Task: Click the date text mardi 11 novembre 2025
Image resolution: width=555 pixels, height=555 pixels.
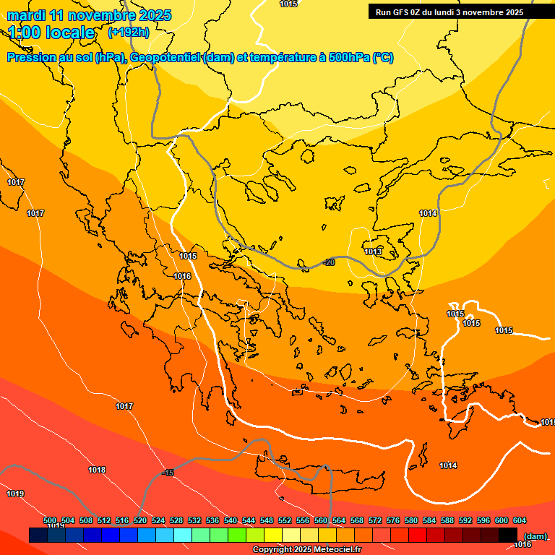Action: [x=89, y=15]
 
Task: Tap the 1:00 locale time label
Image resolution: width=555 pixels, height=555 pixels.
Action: [x=51, y=33]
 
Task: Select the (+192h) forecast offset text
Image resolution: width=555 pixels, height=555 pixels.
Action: [x=129, y=33]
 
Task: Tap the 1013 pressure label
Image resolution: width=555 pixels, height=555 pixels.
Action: [x=373, y=251]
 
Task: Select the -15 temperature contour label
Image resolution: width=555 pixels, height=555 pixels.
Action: [x=168, y=473]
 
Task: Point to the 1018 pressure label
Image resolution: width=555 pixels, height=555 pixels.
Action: [x=97, y=470]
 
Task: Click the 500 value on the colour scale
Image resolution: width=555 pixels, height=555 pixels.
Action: [x=50, y=520]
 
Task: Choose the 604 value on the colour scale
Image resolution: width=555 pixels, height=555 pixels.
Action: [x=519, y=520]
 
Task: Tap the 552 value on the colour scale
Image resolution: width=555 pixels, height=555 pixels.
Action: [x=285, y=520]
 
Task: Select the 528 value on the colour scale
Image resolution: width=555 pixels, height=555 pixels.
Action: [x=176, y=520]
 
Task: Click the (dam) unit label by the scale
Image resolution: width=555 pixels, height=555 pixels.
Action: [x=535, y=536]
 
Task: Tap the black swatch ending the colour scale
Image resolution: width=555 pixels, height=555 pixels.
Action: [x=508, y=535]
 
